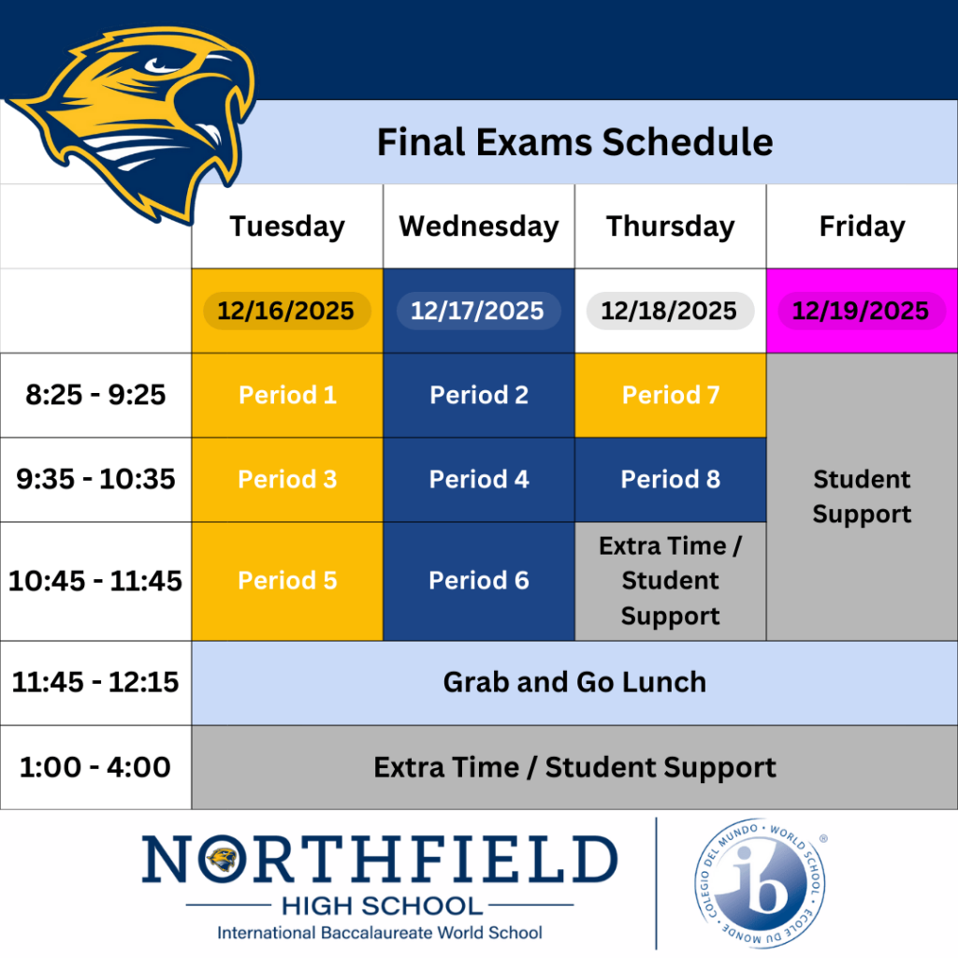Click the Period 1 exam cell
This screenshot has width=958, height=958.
pos(287,395)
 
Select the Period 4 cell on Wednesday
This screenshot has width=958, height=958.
pos(478,480)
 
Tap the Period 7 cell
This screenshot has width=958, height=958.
pos(670,395)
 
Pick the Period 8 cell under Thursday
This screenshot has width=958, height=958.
pos(670,480)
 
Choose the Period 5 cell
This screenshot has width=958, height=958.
pos(287,581)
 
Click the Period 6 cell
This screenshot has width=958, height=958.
pos(478,581)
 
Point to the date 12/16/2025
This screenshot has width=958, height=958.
pos(286,311)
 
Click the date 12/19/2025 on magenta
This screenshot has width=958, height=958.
pos(861,311)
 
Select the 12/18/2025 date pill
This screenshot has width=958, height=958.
pos(670,311)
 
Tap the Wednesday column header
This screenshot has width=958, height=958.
pos(479,226)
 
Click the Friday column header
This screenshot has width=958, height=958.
pos(862,226)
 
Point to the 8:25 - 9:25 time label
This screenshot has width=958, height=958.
pos(95,395)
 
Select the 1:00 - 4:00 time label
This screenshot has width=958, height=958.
pos(95,767)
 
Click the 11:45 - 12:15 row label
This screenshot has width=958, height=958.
pos(95,682)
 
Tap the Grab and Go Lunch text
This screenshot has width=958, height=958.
pos(574,682)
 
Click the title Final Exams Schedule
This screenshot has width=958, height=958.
pos(575,142)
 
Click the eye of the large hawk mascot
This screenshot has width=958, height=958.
pos(160,65)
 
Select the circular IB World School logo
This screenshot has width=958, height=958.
pos(760,883)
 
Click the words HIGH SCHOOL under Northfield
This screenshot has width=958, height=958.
pos(383,906)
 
